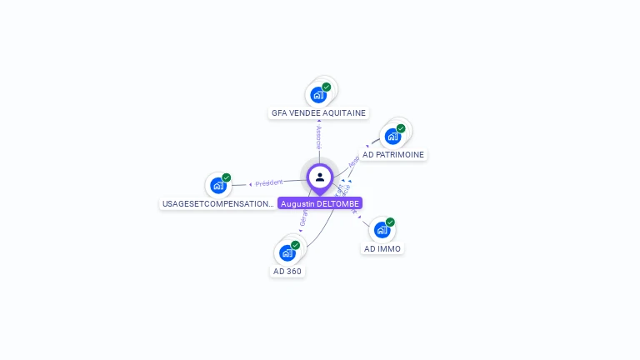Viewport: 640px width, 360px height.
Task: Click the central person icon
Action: click(319, 177)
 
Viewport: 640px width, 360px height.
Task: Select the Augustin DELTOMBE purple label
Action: click(320, 203)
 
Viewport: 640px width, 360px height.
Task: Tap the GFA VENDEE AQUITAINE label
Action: click(318, 113)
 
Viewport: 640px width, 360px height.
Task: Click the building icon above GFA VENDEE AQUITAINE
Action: click(318, 95)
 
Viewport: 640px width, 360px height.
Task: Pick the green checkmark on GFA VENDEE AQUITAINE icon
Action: click(327, 87)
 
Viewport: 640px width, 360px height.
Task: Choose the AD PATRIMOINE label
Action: click(393, 155)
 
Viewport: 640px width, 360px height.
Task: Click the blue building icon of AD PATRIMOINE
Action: click(392, 137)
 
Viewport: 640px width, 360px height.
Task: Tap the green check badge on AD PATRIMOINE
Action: click(401, 128)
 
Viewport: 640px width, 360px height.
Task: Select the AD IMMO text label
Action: click(382, 248)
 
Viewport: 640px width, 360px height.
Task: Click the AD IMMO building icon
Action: click(382, 230)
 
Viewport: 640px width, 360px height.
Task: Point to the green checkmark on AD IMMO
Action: click(390, 222)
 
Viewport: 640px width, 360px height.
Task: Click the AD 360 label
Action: click(287, 271)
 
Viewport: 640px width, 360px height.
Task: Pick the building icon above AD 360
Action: click(287, 252)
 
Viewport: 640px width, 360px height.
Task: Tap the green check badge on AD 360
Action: click(295, 245)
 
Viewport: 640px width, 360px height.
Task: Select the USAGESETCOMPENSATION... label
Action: click(217, 203)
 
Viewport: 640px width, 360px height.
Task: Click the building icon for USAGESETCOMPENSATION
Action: click(217, 186)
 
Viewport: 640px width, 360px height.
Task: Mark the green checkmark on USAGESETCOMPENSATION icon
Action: click(227, 177)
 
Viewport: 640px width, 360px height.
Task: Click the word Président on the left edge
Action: click(269, 182)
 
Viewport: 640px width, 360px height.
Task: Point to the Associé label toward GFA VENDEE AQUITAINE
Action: click(318, 137)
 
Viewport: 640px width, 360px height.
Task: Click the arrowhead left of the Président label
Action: click(250, 184)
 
